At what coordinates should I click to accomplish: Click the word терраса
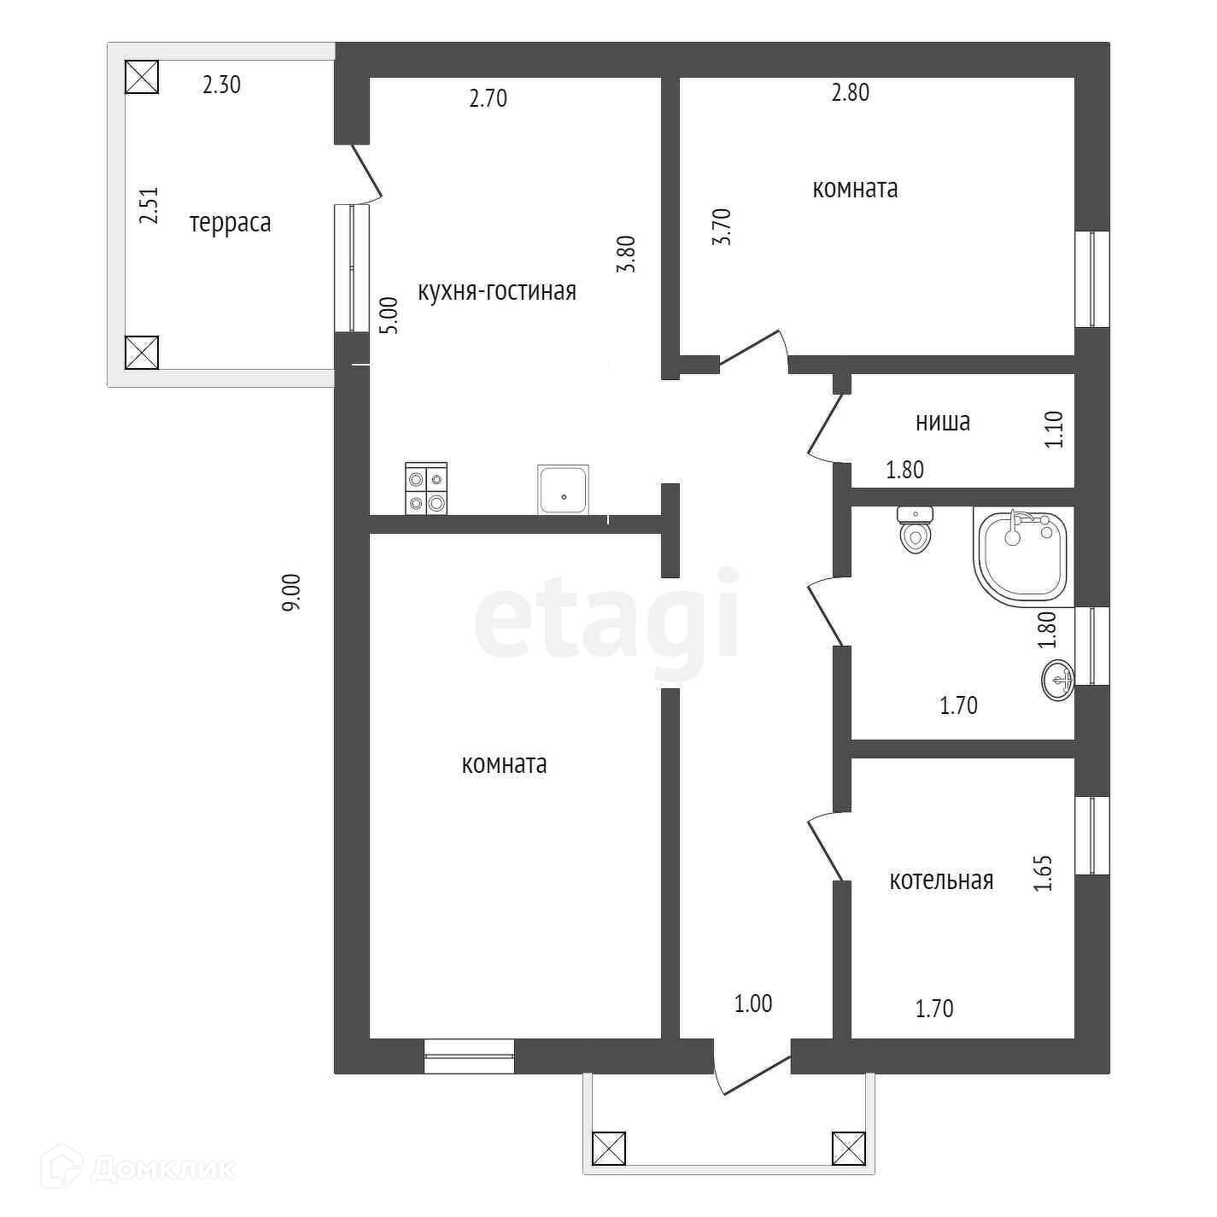(x=230, y=223)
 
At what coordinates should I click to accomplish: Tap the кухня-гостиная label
(x=496, y=291)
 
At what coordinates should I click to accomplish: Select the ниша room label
(x=942, y=421)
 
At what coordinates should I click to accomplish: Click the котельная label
(x=941, y=880)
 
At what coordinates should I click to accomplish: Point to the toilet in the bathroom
(x=915, y=530)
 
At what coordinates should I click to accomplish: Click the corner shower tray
(x=1021, y=556)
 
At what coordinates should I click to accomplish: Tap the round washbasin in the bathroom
(x=1058, y=680)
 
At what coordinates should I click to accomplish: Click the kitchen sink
(x=563, y=489)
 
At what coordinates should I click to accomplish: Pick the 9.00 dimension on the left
(x=292, y=592)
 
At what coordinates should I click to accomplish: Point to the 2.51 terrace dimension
(x=149, y=206)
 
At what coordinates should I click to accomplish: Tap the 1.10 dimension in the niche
(x=1055, y=430)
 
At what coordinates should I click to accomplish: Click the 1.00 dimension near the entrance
(x=753, y=1003)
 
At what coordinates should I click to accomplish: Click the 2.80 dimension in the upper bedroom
(x=851, y=92)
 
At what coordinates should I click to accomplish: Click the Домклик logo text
(x=161, y=1169)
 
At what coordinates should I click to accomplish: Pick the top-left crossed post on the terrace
(x=142, y=76)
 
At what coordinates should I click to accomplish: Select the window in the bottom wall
(x=469, y=1056)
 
